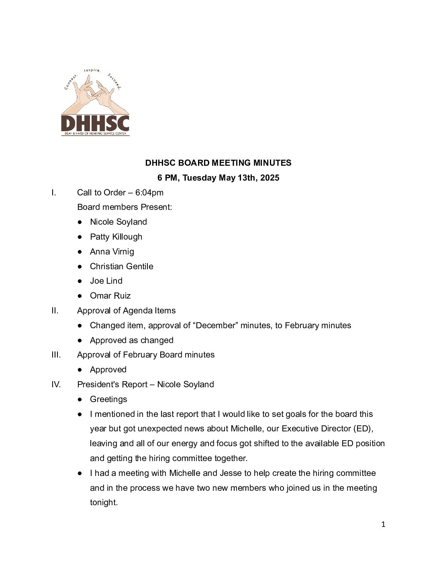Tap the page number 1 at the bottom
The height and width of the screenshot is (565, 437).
pyautogui.click(x=383, y=524)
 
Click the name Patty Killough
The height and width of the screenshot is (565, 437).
pyautogui.click(x=116, y=237)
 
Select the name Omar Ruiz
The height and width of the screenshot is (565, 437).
pyautogui.click(x=110, y=296)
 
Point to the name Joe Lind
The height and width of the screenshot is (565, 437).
pyautogui.click(x=106, y=281)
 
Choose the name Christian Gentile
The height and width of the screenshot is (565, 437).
pyautogui.click(x=121, y=266)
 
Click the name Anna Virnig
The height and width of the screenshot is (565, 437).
pyautogui.click(x=112, y=252)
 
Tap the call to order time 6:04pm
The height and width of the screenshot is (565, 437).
pyautogui.click(x=149, y=193)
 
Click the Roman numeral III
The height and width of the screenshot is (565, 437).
pyautogui.click(x=56, y=355)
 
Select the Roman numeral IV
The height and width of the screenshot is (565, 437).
pyautogui.click(x=56, y=384)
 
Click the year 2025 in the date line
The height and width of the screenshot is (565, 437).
pyautogui.click(x=270, y=178)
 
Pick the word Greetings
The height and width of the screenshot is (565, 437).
pyautogui.click(x=108, y=399)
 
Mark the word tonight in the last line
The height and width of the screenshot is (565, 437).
pyautogui.click(x=104, y=502)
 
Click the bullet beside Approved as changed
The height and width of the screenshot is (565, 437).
pyautogui.click(x=80, y=340)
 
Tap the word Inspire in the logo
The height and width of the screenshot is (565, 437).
pyautogui.click(x=92, y=71)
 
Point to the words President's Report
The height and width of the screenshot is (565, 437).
pyautogui.click(x=112, y=384)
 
